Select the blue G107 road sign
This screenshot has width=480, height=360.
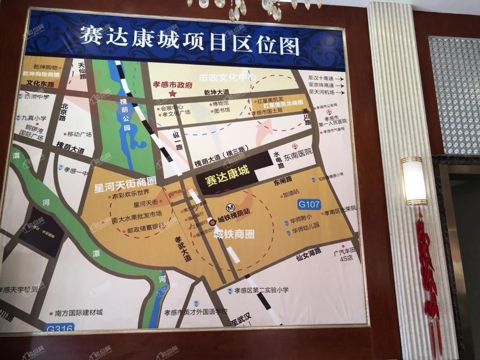click(x=309, y=205)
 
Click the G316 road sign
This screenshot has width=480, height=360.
click(x=60, y=328)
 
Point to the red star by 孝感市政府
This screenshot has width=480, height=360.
click(x=172, y=93)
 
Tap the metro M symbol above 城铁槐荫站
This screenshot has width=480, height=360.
click(x=230, y=208)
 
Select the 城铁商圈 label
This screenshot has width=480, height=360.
click(x=234, y=234)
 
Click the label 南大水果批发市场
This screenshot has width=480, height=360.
click(x=136, y=214)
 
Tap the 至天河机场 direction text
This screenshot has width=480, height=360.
click(x=322, y=92)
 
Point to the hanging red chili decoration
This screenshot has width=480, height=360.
click(x=427, y=270)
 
